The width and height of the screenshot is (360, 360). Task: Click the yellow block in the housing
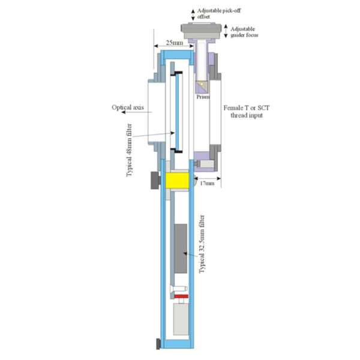click(177, 181)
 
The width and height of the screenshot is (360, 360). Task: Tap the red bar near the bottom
click(181, 296)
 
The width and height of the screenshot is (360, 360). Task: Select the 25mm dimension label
click(175, 43)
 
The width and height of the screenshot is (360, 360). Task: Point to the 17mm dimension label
click(207, 183)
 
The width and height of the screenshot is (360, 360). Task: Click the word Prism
click(203, 97)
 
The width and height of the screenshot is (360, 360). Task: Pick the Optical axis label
click(128, 107)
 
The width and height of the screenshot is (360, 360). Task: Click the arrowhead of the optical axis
click(123, 112)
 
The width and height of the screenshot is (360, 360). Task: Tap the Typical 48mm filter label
click(130, 150)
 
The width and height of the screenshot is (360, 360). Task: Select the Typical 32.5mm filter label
click(202, 244)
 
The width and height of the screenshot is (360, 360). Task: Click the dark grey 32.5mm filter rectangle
click(181, 248)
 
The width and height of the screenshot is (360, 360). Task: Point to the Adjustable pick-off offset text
click(219, 14)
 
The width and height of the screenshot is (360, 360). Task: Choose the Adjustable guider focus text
click(244, 32)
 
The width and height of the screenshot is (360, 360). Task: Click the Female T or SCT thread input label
click(247, 112)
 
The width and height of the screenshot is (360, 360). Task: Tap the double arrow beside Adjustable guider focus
click(226, 31)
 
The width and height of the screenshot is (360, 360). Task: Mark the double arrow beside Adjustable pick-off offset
click(193, 14)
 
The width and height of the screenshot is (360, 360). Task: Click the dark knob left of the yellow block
click(155, 181)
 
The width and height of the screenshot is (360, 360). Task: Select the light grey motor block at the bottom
click(181, 319)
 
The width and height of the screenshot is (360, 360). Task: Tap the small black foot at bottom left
click(158, 344)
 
